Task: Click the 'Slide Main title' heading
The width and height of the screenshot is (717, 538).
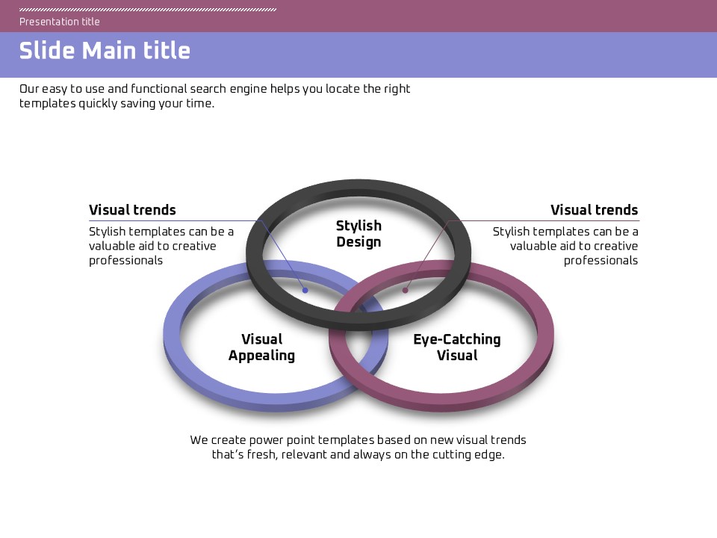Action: coord(105,51)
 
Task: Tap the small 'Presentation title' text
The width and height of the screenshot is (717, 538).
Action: coord(60,22)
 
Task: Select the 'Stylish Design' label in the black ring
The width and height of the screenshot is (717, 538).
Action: coord(358,234)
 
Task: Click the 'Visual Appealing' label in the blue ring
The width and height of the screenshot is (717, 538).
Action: coord(261,347)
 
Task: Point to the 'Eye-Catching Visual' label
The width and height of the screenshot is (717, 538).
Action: coord(457,347)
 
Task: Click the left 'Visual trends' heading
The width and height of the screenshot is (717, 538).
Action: coord(132,210)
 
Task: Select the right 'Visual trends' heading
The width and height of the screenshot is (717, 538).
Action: coord(594,210)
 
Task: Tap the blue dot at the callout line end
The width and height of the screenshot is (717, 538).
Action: coord(305,290)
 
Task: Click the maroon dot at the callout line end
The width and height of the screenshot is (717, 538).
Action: coord(406,290)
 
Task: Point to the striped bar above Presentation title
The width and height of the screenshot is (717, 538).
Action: coord(148,10)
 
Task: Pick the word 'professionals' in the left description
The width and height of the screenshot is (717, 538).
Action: coord(125,261)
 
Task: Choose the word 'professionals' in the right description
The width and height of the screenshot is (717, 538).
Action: coord(600,261)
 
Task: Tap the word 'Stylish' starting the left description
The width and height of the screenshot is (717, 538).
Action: coord(108,232)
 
